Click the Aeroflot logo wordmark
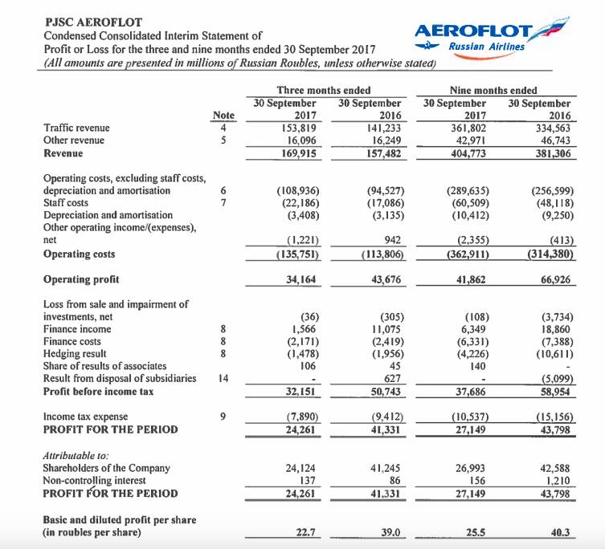tap(474, 31)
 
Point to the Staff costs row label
tap(66, 203)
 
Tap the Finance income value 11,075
tap(385, 327)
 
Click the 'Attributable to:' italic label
tap(74, 454)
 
